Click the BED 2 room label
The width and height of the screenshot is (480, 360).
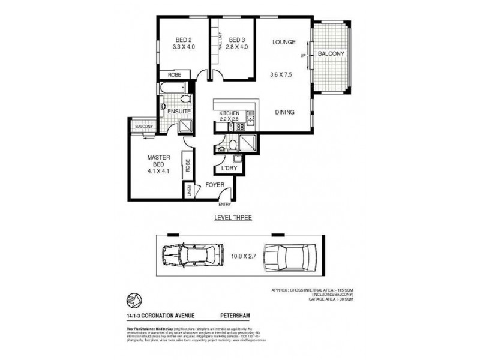(x=174, y=41)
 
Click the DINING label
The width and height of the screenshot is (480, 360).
(x=285, y=112)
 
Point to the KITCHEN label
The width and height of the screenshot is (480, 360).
(x=229, y=113)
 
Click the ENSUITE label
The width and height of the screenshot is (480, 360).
(x=179, y=112)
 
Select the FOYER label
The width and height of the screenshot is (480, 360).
(x=215, y=185)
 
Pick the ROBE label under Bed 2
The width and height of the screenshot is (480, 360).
(x=174, y=75)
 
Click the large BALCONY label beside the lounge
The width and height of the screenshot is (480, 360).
(x=331, y=54)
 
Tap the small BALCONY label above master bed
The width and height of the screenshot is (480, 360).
(x=143, y=127)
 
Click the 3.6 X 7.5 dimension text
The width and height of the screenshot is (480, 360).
(x=282, y=76)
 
